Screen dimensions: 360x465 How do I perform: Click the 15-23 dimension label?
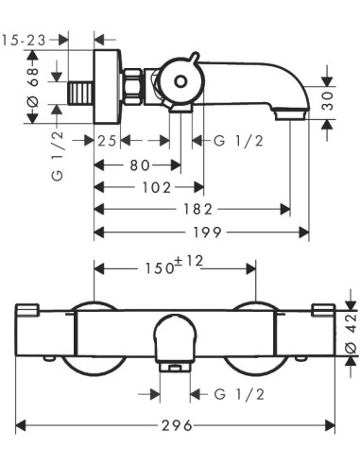coord(24,41)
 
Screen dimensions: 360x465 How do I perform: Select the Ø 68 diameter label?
coord(33,87)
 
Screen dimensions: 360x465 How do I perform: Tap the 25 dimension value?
coord(107,141)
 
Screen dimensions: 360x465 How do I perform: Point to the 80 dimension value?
coord(140,164)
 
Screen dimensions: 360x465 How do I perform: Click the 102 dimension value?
coord(157,188)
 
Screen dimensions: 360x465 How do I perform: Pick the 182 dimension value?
coord(198,209)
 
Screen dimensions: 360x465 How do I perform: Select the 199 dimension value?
coord(208,232)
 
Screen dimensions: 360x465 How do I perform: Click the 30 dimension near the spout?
coord(328,101)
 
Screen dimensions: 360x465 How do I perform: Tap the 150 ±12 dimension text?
coord(174,266)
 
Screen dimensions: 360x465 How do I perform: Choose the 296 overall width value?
coord(177,426)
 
